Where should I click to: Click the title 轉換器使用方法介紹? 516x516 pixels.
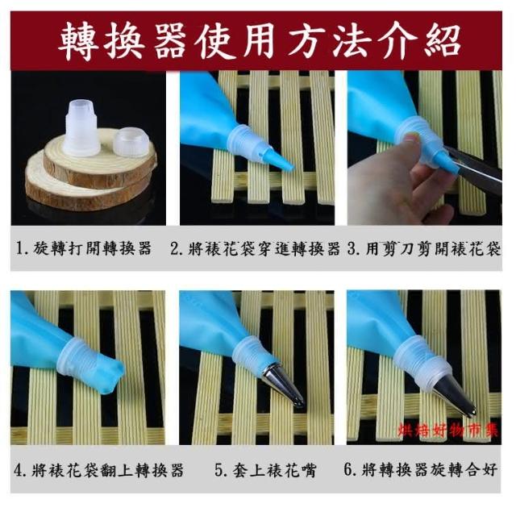tap(259, 41)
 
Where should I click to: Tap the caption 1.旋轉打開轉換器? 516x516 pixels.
tap(84, 248)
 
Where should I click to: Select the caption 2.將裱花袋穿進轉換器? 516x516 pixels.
tap(256, 248)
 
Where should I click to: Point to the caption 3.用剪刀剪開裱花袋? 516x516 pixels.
tap(424, 248)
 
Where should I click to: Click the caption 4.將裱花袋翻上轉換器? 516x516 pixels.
tap(98, 469)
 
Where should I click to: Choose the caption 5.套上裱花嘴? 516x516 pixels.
tap(265, 469)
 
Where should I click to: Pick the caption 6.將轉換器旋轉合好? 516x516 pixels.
tap(420, 469)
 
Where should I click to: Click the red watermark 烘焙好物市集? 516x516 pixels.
tap(448, 430)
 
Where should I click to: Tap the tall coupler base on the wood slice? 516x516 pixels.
tap(81, 128)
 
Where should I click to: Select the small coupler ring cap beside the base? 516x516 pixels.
tap(131, 142)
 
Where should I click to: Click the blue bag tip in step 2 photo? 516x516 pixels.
tap(281, 159)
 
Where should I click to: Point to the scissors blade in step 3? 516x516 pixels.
tap(473, 169)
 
